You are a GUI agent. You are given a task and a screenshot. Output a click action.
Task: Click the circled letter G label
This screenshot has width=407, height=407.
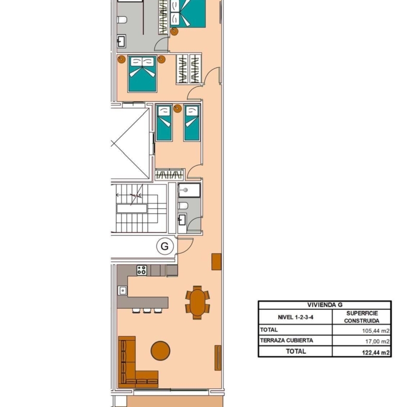(x=165, y=246)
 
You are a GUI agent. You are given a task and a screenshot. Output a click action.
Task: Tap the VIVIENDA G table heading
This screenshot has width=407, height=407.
(x=325, y=305)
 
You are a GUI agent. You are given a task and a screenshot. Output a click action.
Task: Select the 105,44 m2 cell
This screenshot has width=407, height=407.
(x=376, y=331)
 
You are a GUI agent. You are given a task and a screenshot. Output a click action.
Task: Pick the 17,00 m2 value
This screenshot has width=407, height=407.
(x=377, y=341)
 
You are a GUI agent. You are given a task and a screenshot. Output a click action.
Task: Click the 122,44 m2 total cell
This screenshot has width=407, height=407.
(x=376, y=352)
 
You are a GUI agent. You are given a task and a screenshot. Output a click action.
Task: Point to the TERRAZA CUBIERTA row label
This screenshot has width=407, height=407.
(x=286, y=340)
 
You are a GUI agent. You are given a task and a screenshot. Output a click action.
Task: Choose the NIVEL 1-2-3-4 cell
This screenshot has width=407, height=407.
(x=295, y=317)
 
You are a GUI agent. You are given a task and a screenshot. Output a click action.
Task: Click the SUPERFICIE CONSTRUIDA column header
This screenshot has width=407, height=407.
(x=362, y=317)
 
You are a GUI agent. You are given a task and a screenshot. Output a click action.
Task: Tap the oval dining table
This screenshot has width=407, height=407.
(x=198, y=303)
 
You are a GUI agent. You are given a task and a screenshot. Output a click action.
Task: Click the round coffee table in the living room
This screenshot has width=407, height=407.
(x=160, y=351)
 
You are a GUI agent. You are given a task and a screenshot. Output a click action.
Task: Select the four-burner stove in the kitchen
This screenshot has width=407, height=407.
(x=142, y=270)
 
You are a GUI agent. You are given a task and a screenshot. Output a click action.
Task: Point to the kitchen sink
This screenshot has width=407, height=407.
(x=123, y=291)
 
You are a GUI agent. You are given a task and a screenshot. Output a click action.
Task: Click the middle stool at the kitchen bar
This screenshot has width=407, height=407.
(x=147, y=310)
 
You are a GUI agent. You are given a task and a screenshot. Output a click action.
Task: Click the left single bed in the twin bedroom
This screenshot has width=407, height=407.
(x=164, y=123)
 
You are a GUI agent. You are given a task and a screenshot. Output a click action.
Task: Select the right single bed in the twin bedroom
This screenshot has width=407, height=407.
(x=192, y=123)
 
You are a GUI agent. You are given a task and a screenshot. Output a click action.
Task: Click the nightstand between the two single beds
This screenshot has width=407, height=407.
(x=177, y=108)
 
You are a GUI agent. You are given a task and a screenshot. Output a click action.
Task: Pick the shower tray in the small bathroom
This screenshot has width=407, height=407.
(x=189, y=190)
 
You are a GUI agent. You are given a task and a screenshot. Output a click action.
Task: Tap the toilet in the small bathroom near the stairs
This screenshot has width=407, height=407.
(x=183, y=206)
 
